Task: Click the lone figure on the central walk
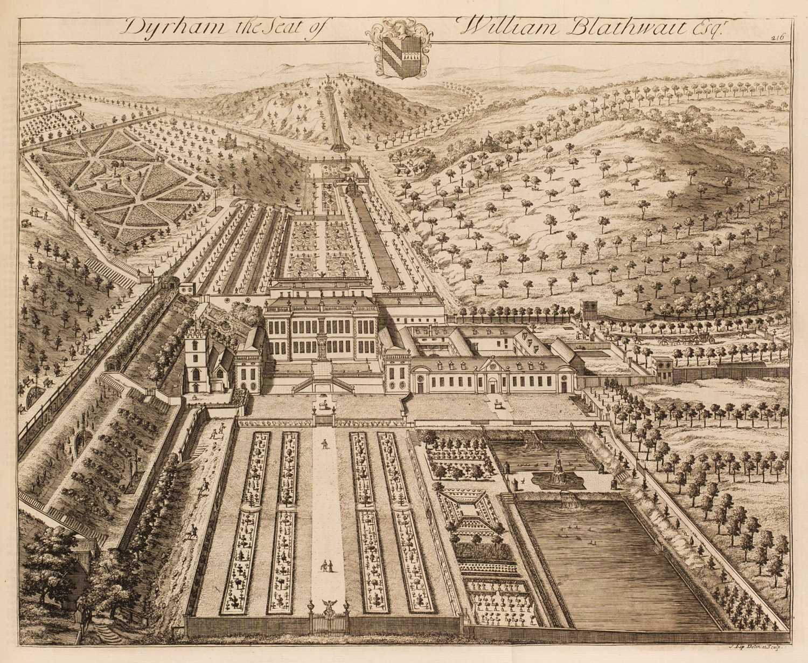click(x=324, y=444)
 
